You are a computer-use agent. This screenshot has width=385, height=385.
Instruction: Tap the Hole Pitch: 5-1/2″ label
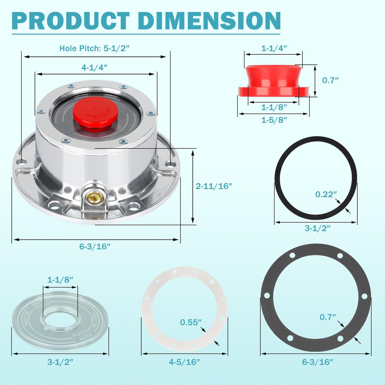pos(94,48)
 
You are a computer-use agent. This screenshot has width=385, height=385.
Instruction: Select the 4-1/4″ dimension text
pos(94,67)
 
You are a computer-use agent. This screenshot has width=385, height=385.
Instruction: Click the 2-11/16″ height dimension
pos(214,186)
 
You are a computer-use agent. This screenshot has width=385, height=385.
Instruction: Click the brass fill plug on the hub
pos(94,197)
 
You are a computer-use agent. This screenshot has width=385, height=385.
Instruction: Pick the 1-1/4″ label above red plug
pos(274,48)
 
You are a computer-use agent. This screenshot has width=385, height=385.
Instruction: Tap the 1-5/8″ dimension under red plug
pos(274,120)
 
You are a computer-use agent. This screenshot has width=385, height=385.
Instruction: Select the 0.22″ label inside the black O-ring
pos(326,194)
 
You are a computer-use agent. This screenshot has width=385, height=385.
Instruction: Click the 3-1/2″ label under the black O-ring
pos(318,228)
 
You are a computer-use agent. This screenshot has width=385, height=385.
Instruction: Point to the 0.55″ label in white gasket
pos(191,322)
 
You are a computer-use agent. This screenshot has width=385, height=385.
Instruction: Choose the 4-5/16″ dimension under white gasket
pos(184,362)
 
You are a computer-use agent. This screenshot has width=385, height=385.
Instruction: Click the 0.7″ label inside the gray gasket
pos(328,317)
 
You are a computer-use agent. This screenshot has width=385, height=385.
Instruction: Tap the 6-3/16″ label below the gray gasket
pos(318,362)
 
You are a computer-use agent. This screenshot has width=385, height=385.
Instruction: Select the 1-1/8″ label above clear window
pos(60,279)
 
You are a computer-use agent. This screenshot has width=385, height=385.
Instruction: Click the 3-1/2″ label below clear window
pos(60,362)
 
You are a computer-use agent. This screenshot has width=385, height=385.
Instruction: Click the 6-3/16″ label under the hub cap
pos(95,246)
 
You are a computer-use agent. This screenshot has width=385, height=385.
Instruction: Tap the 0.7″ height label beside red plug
pos(330,80)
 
